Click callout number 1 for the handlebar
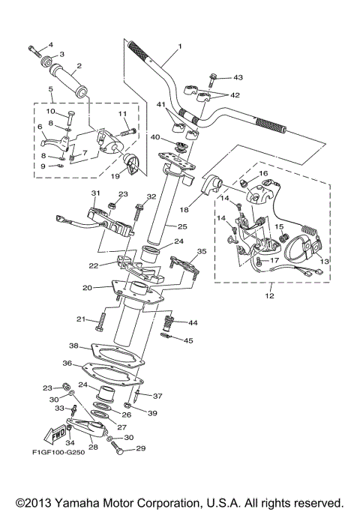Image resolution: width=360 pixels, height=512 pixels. coord(180,46)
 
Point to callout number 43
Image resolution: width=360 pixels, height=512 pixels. coord(238,77)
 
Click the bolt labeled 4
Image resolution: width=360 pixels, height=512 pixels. coord(36,50)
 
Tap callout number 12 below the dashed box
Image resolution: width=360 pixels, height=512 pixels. coord(269,295)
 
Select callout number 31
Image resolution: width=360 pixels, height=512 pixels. coord(95,193)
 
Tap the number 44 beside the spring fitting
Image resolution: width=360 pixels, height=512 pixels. coord(193,322)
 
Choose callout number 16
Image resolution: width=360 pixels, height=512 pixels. coord(262,173)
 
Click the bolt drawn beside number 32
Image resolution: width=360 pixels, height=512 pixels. coord(137,214)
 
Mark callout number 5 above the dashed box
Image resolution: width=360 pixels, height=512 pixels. coord(50,88)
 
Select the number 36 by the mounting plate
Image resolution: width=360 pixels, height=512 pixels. coord(67,363)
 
